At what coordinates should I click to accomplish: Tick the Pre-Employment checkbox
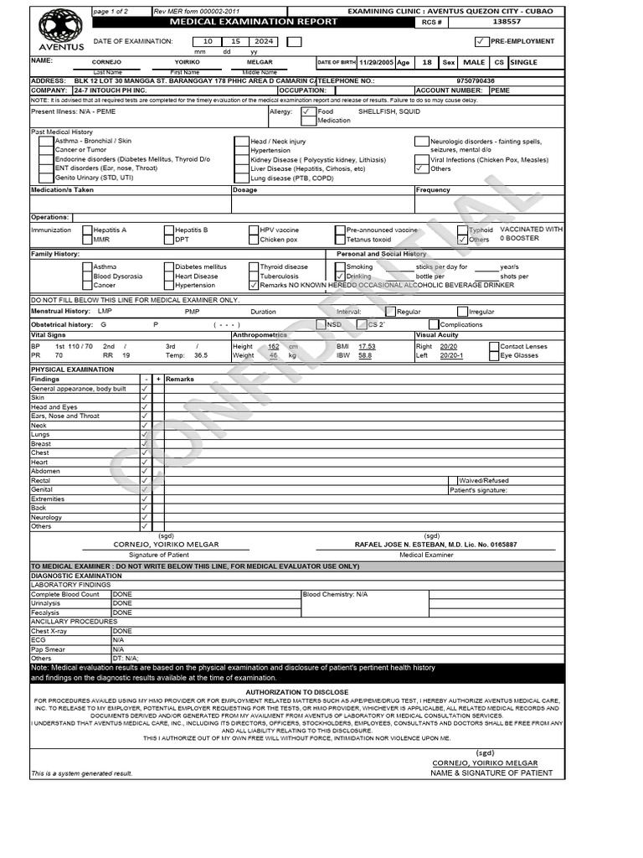tap(480, 41)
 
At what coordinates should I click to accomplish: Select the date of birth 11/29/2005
tap(376, 63)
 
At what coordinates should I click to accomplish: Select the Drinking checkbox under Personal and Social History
tap(339, 276)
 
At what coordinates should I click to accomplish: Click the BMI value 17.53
tap(367, 346)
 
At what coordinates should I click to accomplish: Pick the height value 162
tap(273, 346)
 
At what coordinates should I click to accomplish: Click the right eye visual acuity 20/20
tap(448, 346)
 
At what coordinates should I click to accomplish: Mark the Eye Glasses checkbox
tap(494, 356)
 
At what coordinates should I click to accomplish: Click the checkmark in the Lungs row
tap(145, 435)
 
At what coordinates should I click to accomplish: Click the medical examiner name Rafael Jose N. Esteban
tap(435, 545)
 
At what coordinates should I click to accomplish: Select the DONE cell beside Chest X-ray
tap(122, 631)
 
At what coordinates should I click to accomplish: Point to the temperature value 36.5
tap(201, 355)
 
